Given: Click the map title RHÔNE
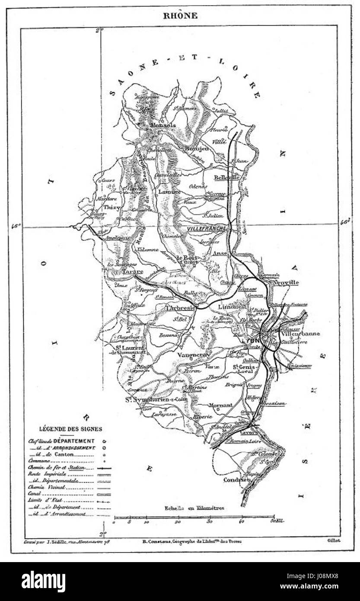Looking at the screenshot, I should click(180, 16).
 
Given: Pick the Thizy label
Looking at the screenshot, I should click(112, 208).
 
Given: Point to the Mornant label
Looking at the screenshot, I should click(220, 405).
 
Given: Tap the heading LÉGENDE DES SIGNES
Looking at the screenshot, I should click(70, 429).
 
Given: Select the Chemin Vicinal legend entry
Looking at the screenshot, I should click(47, 487).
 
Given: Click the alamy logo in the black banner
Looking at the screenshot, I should click(43, 582).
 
